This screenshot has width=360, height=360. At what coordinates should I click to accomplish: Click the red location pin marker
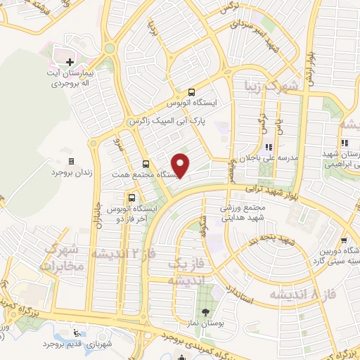pyautogui.click(x=181, y=165)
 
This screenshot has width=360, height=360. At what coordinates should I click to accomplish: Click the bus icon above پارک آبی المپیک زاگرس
pyautogui.click(x=191, y=92)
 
